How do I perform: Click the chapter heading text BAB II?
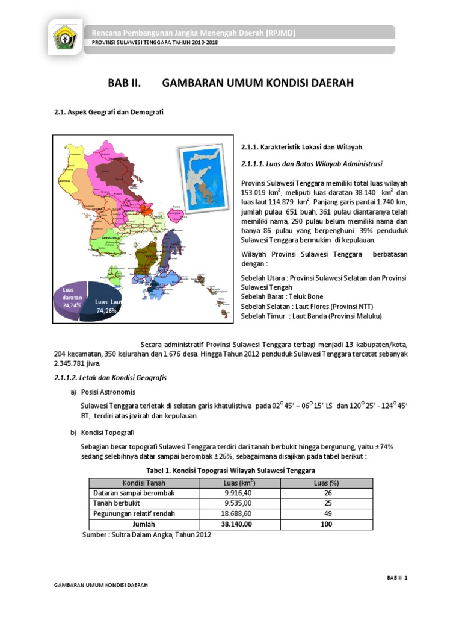coord(124,84)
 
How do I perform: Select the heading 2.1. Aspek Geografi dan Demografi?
coord(109,112)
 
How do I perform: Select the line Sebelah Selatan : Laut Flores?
coord(305,307)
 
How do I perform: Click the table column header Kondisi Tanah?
coord(144,483)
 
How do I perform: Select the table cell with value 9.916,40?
coord(237,493)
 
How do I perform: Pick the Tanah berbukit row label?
coord(117,503)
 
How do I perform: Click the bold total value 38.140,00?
coord(237,524)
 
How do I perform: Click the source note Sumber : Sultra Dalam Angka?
coord(146,535)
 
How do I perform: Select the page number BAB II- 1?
coord(397,577)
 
